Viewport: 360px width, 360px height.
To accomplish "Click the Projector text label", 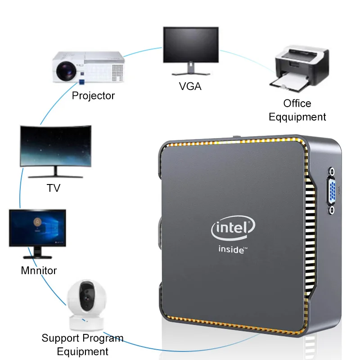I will coord(93,95).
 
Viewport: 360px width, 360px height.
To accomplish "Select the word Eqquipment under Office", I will coord(297,117).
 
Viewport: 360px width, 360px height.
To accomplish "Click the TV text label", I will coord(53,188).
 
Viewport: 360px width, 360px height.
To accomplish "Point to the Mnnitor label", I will coord(39,271).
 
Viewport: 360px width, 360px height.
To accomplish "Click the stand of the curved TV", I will coord(53,172).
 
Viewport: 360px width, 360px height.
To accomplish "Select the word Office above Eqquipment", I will coord(297,103).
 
